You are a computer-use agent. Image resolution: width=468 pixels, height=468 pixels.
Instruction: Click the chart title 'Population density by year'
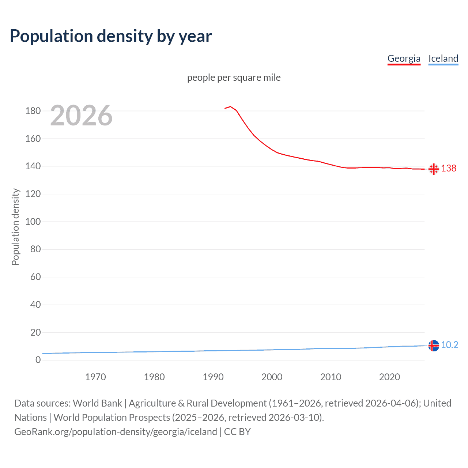[111, 36]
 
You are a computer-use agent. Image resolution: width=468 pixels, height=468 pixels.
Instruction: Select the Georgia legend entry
[404, 58]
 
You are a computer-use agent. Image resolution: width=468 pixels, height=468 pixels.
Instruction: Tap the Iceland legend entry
[443, 58]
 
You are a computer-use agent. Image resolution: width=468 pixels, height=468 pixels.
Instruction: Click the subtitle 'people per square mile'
[234, 78]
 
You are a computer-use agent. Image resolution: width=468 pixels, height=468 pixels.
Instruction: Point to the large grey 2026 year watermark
[81, 116]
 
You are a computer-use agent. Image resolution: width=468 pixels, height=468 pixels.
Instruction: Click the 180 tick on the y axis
[33, 111]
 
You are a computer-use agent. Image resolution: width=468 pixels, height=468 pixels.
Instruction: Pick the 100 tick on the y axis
[33, 222]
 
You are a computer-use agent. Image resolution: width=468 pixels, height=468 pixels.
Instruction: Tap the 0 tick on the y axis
[38, 360]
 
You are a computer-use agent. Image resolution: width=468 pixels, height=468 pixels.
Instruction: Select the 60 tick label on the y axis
[35, 277]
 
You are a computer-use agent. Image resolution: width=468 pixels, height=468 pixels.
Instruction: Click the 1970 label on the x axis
[95, 377]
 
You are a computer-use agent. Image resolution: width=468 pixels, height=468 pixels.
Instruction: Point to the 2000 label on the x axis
[272, 377]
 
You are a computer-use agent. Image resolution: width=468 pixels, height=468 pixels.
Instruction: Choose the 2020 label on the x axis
[389, 377]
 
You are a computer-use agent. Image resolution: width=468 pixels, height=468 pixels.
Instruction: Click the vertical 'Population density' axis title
[15, 227]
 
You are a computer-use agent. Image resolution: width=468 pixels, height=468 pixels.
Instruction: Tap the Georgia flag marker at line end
[434, 169]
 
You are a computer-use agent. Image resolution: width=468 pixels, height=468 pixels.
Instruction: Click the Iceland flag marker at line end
[434, 346]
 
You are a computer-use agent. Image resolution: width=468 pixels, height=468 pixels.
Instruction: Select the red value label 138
[449, 168]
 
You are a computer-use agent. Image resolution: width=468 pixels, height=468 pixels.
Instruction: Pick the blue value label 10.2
[449, 345]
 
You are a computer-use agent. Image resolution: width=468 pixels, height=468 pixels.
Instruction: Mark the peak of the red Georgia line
[230, 106]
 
